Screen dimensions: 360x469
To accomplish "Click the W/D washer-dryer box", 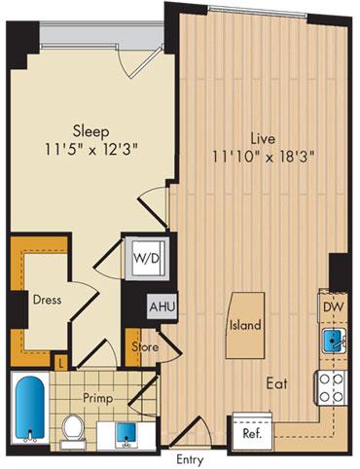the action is pyautogui.click(x=148, y=258).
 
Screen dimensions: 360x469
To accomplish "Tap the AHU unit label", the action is pyautogui.click(x=162, y=307).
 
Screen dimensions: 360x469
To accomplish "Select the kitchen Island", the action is pyautogui.click(x=245, y=325).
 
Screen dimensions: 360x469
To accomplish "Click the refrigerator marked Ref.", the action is pyautogui.click(x=252, y=430).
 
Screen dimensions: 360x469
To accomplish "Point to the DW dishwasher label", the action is pyautogui.click(x=334, y=307).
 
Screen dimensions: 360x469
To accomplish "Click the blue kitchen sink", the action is pyautogui.click(x=334, y=341).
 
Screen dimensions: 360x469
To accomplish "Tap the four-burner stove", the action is pyautogui.click(x=332, y=387).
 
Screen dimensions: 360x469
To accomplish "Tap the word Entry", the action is pyautogui.click(x=190, y=459).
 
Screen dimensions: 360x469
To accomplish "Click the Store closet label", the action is pyautogui.click(x=145, y=347).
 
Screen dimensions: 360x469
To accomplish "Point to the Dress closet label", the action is pyautogui.click(x=47, y=300).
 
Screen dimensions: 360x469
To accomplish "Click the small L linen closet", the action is pyautogui.click(x=60, y=362).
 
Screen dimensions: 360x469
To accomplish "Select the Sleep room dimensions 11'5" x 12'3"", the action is pyautogui.click(x=91, y=150).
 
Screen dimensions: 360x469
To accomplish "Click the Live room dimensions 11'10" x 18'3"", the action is pyautogui.click(x=263, y=158).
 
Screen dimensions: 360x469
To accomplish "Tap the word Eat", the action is pyautogui.click(x=277, y=383).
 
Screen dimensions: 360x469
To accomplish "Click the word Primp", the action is pyautogui.click(x=98, y=399).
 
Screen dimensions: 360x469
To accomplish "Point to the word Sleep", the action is pyautogui.click(x=91, y=132).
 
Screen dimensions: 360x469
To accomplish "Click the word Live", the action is pyautogui.click(x=264, y=139).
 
